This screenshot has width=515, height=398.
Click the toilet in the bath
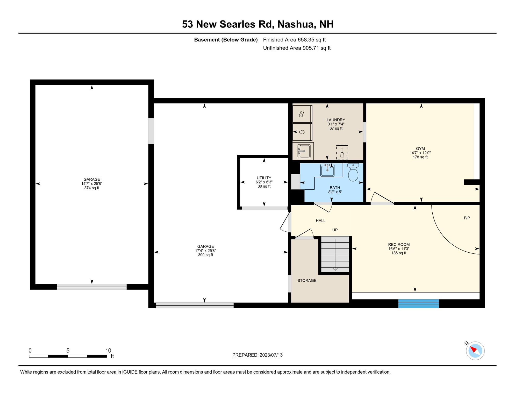(353, 172)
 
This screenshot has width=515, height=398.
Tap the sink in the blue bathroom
(327, 170)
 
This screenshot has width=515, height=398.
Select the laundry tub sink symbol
(304, 151)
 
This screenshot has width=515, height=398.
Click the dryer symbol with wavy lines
(302, 114)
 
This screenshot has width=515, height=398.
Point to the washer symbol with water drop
(302, 132)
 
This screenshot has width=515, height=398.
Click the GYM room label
(420, 148)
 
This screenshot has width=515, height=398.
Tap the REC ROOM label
(399, 244)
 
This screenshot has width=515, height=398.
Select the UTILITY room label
(264, 178)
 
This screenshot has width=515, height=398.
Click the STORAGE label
(307, 280)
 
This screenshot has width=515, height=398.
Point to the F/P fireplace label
(467, 218)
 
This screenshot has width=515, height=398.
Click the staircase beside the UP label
(335, 254)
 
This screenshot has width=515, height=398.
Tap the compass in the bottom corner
(475, 351)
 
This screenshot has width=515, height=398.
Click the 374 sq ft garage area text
(92, 188)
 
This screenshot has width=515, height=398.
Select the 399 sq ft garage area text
(205, 255)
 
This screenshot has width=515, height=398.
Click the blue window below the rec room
(418, 304)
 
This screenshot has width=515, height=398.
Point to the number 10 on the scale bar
(108, 351)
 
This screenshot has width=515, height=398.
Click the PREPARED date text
(257, 355)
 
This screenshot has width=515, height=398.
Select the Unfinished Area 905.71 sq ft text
(297, 48)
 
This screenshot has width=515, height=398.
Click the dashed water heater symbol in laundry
(342, 152)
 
